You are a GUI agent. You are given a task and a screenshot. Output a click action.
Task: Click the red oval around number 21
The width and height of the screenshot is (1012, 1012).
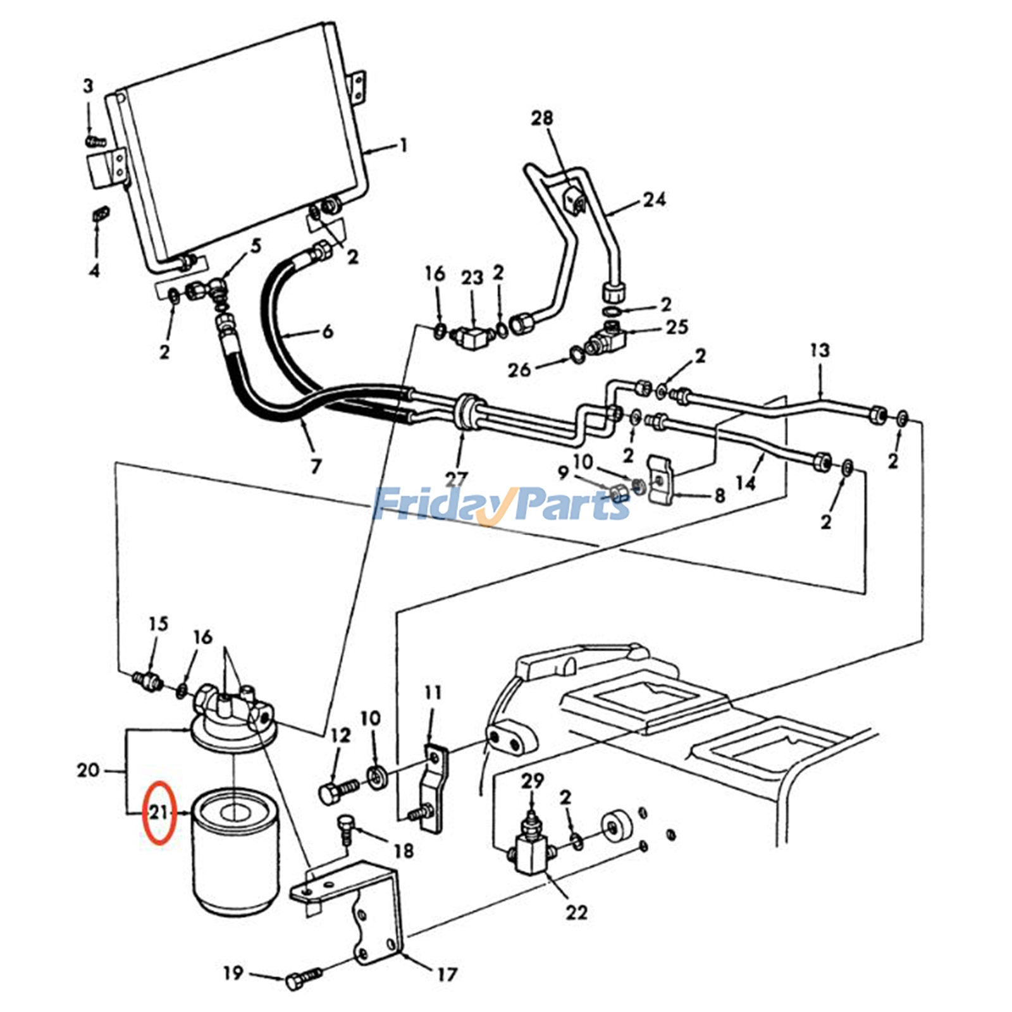coord(144,812)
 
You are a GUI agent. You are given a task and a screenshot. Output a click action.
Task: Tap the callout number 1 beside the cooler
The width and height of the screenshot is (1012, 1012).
coord(403,145)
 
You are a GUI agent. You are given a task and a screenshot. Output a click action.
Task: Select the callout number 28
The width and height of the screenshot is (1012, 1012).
coord(542,118)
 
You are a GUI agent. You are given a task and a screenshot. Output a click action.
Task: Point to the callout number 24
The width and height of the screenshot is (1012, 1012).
coord(655,199)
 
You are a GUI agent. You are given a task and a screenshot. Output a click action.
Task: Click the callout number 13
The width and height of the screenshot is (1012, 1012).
coord(819,350)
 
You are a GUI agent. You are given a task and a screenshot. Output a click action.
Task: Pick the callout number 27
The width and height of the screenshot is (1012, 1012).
coord(456,479)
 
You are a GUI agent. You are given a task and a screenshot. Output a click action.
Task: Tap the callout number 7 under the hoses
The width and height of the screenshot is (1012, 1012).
coord(316,466)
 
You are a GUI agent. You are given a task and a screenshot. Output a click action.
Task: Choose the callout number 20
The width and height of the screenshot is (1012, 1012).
coord(89,770)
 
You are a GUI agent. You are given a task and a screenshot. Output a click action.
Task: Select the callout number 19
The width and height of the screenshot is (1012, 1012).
coord(233,972)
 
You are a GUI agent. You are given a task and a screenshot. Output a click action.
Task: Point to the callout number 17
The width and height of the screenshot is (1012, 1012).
coord(447,974)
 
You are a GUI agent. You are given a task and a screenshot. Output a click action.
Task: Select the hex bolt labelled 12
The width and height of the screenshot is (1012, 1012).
coord(338,790)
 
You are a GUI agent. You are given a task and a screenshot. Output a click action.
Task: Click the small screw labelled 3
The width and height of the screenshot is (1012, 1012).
coord(94,140)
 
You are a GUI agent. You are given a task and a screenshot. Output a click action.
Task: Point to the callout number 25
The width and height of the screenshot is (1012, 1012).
coord(676,326)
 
